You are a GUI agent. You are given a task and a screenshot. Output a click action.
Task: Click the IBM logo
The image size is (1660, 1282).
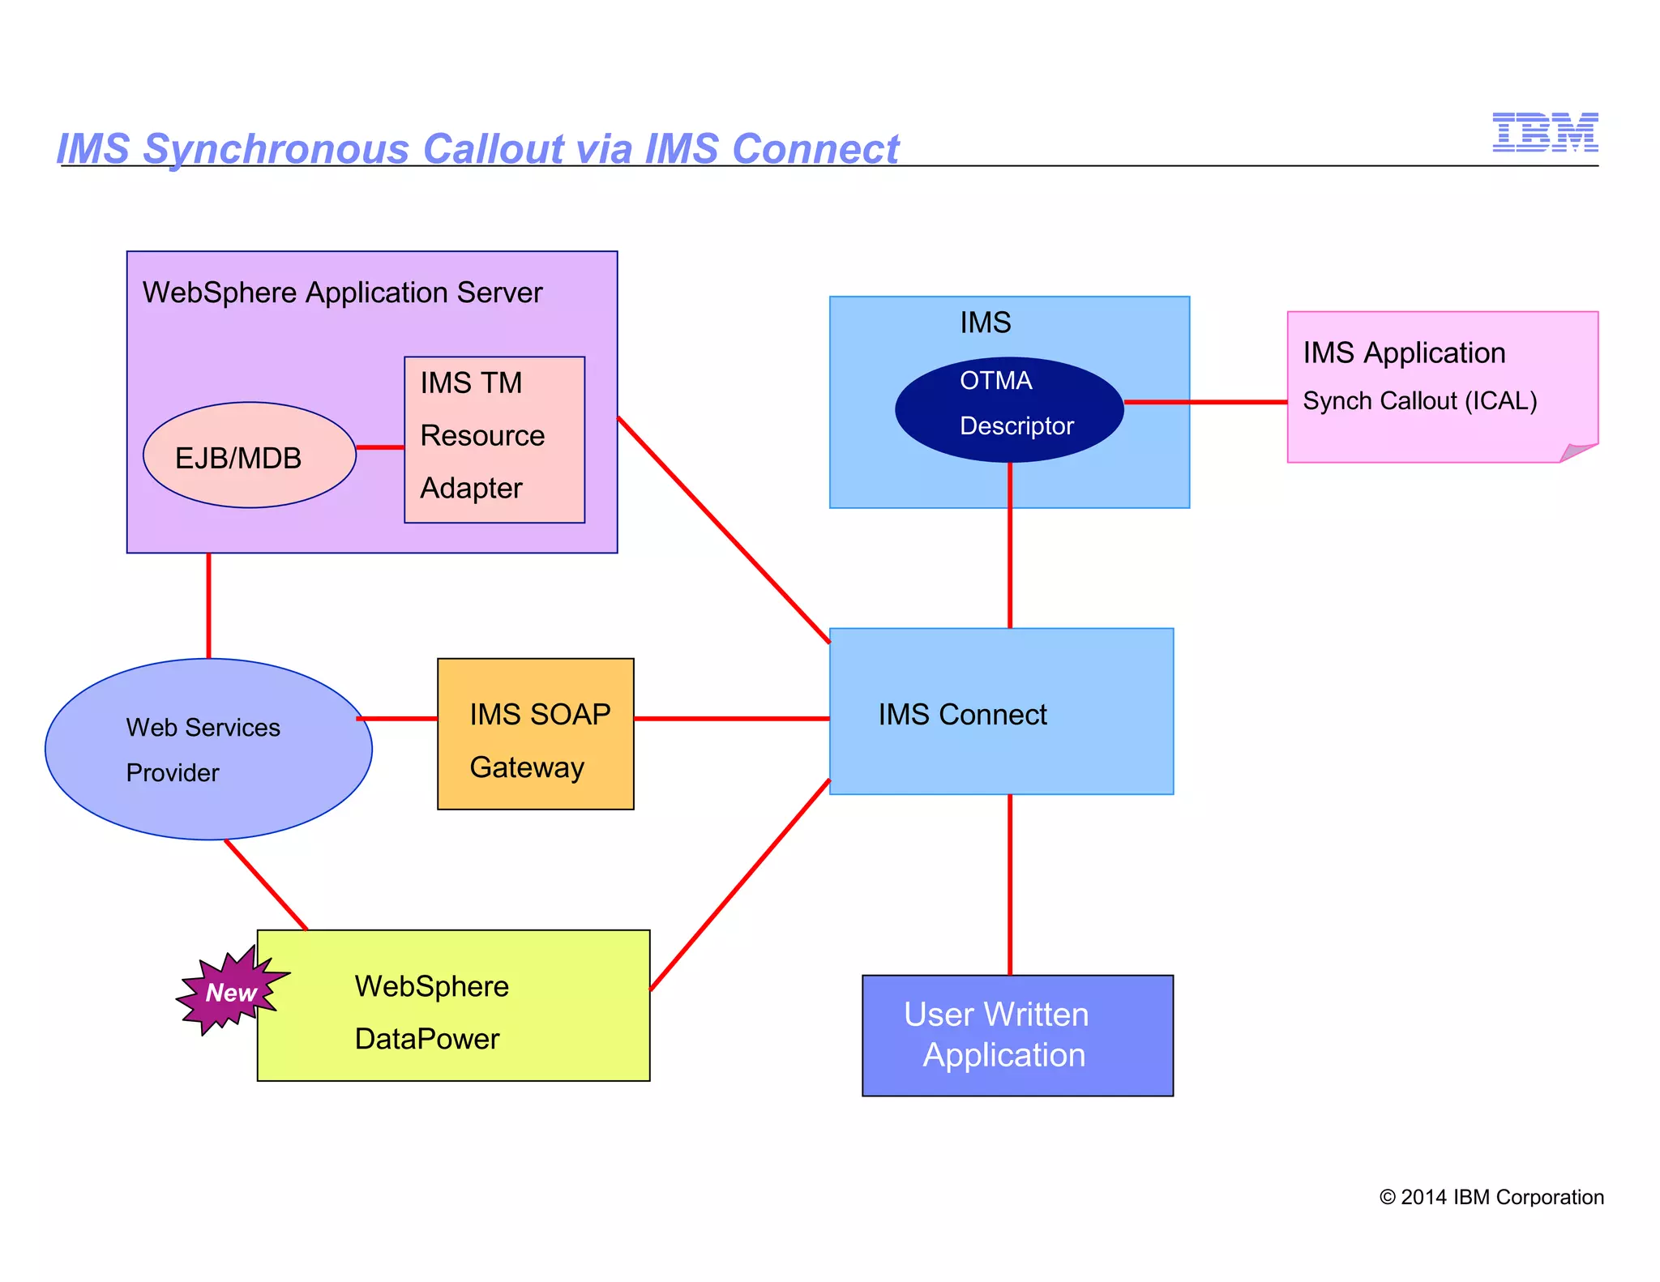pyautogui.click(x=1545, y=132)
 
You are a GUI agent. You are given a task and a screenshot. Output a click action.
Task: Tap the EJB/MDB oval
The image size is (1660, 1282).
pyautogui.click(x=249, y=455)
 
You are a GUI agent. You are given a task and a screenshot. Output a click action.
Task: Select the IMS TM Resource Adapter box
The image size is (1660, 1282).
pyautogui.click(x=494, y=439)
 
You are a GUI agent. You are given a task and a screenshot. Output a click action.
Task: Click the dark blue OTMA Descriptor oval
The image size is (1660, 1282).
pyautogui.click(x=1009, y=409)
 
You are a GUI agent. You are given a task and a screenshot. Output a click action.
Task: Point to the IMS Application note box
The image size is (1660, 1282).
pyautogui.click(x=1441, y=386)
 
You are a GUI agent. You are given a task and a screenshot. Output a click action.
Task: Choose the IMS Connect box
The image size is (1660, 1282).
pyautogui.click(x=1001, y=712)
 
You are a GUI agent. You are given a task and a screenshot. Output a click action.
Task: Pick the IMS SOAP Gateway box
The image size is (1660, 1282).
pyautogui.click(x=535, y=734)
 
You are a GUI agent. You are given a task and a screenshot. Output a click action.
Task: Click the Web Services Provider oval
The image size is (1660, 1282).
pyautogui.click(x=208, y=749)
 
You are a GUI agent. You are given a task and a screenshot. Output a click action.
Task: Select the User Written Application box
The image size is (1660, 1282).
pyautogui.click(x=1017, y=1035)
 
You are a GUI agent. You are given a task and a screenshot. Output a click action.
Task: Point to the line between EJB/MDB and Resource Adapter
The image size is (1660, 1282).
pyautogui.click(x=380, y=447)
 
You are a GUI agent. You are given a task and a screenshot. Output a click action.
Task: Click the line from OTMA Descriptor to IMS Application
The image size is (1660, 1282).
pyautogui.click(x=1205, y=402)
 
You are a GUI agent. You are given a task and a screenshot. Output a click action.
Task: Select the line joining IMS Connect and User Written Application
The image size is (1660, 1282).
pyautogui.click(x=1010, y=884)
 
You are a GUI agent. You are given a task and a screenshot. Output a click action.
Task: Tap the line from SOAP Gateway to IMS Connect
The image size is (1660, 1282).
pyautogui.click(x=731, y=719)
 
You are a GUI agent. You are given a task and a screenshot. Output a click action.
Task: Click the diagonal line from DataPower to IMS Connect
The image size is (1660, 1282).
pyautogui.click(x=739, y=885)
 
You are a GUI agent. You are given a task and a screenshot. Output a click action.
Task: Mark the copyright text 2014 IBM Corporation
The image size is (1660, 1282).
pyautogui.click(x=1491, y=1197)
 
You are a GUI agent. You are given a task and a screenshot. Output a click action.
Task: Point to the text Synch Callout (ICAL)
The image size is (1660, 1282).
pyautogui.click(x=1419, y=401)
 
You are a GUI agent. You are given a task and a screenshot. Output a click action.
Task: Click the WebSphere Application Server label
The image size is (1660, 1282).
pyautogui.click(x=342, y=293)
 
